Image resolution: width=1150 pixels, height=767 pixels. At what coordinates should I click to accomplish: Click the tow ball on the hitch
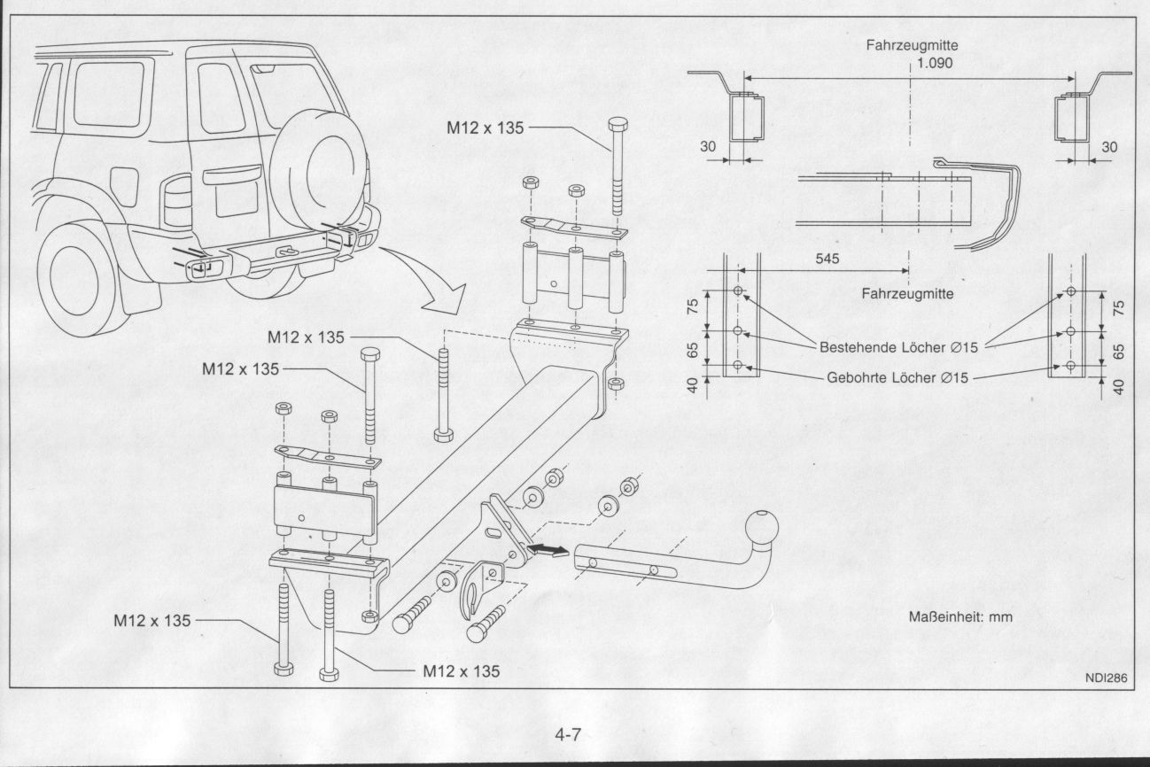tap(765, 528)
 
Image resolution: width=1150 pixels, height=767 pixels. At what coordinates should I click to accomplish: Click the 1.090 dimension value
tap(936, 64)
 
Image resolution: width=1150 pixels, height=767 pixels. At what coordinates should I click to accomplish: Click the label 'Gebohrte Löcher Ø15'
tap(897, 377)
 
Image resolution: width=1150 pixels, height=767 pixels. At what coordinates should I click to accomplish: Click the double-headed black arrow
tap(547, 552)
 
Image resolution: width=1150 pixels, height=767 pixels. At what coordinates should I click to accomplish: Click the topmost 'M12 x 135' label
tap(486, 128)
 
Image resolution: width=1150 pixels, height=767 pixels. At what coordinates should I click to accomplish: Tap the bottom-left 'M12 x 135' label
tap(152, 621)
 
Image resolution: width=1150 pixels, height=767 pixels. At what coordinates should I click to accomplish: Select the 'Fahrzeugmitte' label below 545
tap(908, 294)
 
